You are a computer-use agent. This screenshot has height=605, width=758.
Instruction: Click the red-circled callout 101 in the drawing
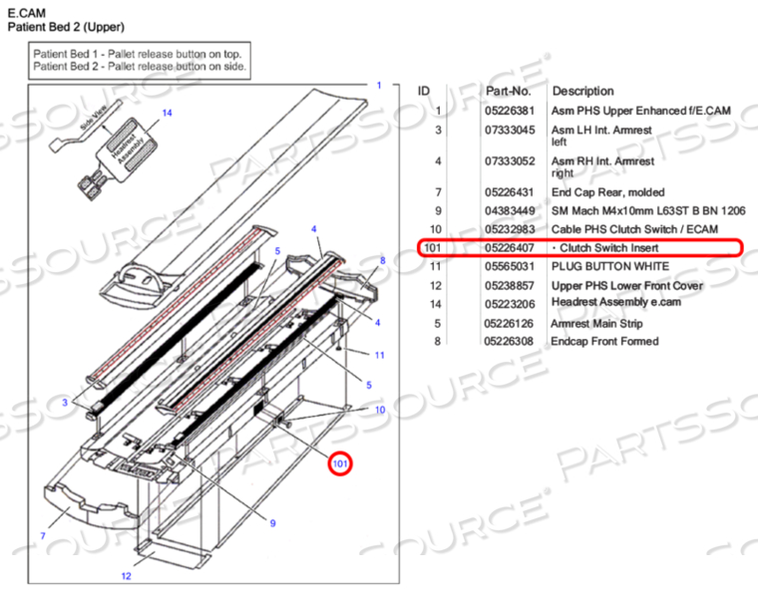(341, 462)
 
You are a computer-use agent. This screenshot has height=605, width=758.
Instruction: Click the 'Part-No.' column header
(509, 91)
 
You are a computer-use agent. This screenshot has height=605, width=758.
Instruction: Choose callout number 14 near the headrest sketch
(168, 114)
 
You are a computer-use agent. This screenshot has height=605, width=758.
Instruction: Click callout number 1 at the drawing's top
(378, 86)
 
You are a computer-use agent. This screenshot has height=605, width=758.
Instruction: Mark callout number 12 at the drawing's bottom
(126, 576)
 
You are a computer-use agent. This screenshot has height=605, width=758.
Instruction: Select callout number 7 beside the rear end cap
(43, 536)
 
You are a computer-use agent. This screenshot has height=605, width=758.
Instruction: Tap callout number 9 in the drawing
(272, 524)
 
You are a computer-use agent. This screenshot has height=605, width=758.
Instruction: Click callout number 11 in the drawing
(379, 355)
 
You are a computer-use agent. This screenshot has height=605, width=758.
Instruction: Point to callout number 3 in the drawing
(64, 402)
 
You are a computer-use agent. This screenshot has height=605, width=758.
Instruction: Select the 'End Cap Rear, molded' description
(608, 191)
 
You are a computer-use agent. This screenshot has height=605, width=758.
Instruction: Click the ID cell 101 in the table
(431, 247)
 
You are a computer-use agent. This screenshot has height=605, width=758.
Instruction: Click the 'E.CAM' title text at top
(22, 12)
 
